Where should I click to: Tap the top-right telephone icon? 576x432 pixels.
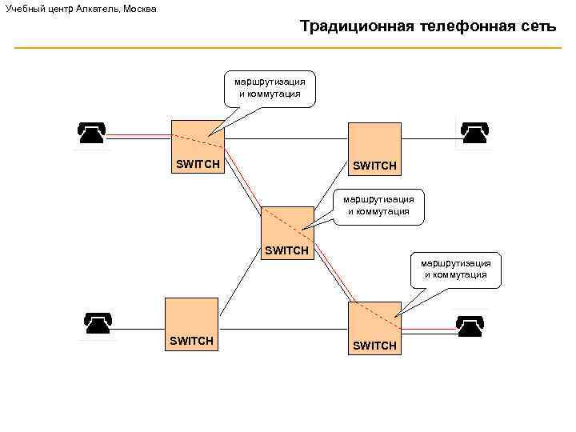474,132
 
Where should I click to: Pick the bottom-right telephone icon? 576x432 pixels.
470,326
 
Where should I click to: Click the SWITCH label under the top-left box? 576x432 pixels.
198,164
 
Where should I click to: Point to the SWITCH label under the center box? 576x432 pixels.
286,250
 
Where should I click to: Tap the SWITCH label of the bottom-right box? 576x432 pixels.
374,346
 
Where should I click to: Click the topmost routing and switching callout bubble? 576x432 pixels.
270,88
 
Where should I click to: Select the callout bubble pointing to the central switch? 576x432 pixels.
378,206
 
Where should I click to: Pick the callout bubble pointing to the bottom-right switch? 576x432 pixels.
455,269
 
